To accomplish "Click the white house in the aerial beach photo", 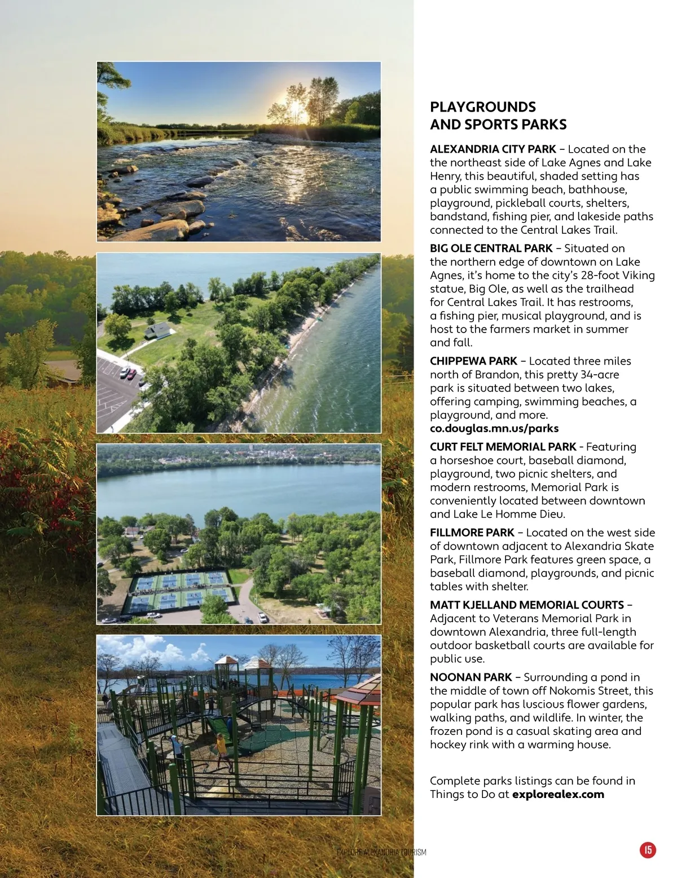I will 157,330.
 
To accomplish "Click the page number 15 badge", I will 648,850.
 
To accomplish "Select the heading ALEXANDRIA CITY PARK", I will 493,149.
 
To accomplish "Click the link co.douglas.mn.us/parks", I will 494,428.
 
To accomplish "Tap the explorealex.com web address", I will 558,795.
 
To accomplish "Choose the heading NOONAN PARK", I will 471,677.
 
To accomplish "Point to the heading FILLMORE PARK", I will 472,533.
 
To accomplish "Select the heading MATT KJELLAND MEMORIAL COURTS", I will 526,605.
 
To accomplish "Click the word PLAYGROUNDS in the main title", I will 482,107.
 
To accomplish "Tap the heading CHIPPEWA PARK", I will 473,361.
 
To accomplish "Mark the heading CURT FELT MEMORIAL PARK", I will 503,447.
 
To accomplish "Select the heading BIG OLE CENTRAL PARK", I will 491,249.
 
